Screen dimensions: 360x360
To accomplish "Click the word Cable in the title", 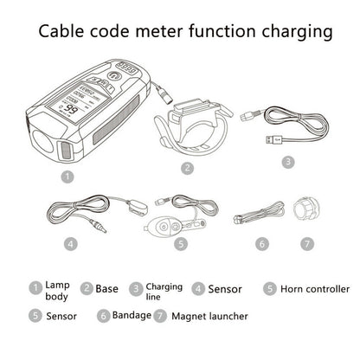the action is [x=61, y=31].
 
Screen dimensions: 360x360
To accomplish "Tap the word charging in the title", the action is [x=297, y=33].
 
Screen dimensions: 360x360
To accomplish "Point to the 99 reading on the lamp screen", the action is [x=69, y=109].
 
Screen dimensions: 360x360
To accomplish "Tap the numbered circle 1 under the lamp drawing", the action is [x=67, y=177].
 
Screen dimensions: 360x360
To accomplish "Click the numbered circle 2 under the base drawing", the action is [x=188, y=168].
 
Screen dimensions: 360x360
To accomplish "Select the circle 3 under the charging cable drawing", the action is [x=288, y=162].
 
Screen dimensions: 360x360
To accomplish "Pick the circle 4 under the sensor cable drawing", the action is [x=71, y=244].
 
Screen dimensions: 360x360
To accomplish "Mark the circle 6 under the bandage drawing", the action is [x=262, y=244].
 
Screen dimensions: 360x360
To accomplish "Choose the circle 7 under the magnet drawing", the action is [x=307, y=244].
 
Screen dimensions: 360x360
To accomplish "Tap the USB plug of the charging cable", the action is [x=273, y=140].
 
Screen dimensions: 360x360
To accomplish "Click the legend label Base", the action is [x=106, y=289].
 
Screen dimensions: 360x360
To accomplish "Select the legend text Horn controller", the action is [x=315, y=289].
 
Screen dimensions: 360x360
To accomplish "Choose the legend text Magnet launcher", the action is [x=209, y=316].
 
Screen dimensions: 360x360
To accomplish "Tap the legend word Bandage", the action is [x=132, y=315].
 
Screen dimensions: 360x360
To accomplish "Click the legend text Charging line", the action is [x=164, y=292].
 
